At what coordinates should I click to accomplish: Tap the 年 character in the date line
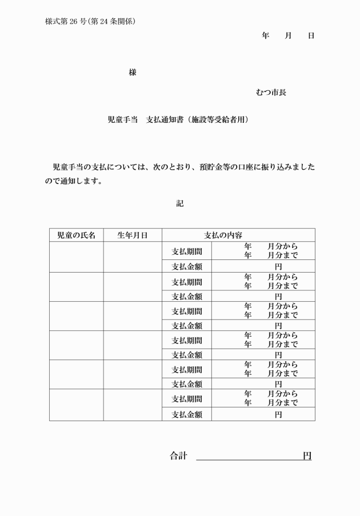click(265, 35)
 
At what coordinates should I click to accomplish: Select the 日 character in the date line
click(311, 35)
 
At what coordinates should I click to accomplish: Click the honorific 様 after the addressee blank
click(133, 73)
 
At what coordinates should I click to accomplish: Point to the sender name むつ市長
click(271, 92)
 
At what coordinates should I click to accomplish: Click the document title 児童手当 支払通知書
click(178, 120)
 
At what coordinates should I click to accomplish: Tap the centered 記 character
click(180, 203)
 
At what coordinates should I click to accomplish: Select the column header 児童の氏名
click(76, 235)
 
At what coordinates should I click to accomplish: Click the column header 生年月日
click(133, 235)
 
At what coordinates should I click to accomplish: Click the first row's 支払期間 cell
click(187, 251)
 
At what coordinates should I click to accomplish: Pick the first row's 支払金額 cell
click(187, 266)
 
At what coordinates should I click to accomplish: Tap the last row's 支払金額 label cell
click(187, 414)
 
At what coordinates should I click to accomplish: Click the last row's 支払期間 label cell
click(187, 399)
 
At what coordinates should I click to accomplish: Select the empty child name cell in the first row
click(76, 257)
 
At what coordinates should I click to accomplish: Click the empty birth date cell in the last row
click(133, 405)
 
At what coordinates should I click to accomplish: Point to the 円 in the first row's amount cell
click(278, 266)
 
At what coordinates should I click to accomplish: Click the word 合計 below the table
click(178, 455)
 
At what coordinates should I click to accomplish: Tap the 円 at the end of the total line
click(307, 455)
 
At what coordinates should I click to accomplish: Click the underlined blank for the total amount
click(249, 455)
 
